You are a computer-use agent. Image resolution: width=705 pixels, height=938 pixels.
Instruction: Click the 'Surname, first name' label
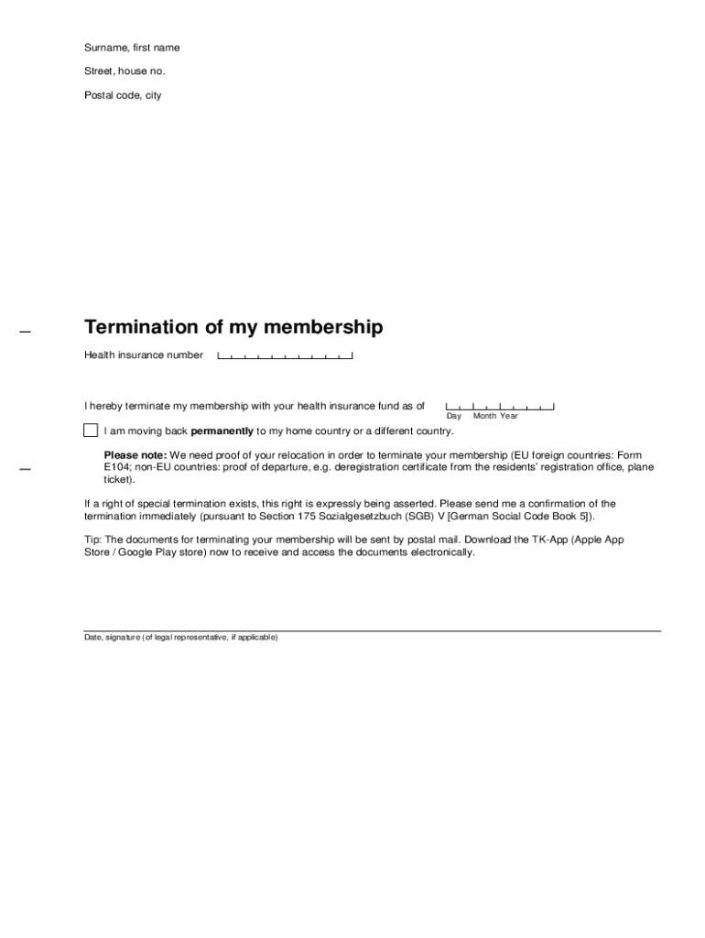(x=132, y=48)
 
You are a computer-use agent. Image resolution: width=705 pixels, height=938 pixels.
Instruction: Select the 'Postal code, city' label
(x=123, y=95)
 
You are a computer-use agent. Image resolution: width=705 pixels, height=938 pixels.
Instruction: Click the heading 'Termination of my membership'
(x=233, y=327)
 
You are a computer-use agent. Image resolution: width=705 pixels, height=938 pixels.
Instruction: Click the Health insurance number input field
(x=285, y=354)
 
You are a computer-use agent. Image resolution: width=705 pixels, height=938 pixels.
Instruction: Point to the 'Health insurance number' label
(x=144, y=355)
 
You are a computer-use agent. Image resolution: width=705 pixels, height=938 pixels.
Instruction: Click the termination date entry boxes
(x=499, y=406)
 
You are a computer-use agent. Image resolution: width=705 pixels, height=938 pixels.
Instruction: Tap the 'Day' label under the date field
(x=454, y=417)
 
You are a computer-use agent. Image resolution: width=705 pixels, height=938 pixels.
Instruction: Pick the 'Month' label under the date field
(x=484, y=417)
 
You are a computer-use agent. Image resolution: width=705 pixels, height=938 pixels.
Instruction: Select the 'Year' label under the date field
(x=509, y=417)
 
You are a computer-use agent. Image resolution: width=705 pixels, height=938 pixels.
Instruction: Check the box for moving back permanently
(x=91, y=431)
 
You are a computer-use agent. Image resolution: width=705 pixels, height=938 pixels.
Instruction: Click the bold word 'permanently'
(x=222, y=431)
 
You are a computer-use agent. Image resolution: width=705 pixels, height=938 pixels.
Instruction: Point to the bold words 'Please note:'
(x=136, y=455)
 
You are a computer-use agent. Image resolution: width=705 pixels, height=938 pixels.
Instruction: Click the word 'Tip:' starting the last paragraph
(x=93, y=540)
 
